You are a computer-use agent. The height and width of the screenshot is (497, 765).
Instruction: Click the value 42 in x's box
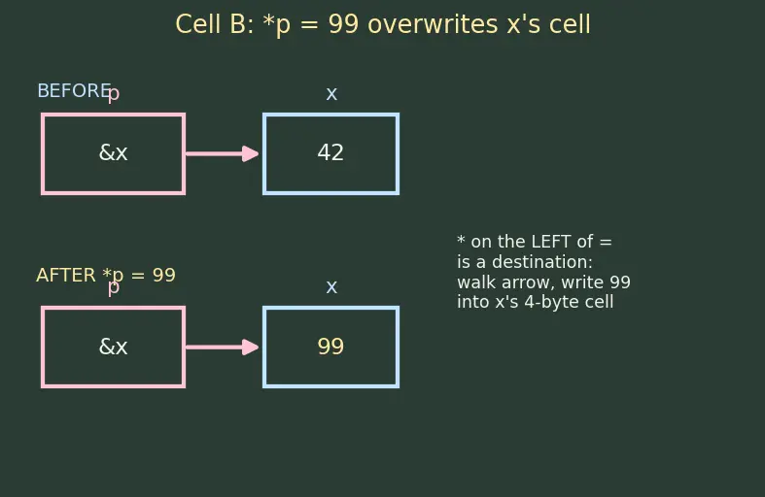point(330,152)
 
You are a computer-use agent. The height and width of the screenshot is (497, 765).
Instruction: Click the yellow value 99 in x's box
point(330,347)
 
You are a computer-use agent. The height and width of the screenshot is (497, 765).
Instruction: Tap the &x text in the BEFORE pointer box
point(113,152)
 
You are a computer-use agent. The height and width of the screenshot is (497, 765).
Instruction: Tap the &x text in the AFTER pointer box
point(113,347)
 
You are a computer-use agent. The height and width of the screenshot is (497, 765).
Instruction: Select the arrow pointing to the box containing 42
point(222,154)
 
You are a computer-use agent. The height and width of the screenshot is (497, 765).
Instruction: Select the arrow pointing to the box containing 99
point(222,348)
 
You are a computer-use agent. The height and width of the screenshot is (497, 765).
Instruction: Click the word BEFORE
point(74,91)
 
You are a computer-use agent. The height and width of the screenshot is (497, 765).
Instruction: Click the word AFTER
point(66,276)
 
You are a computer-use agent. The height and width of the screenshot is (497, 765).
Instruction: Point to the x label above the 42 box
point(331,93)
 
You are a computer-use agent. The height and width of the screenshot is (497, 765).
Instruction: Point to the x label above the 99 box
point(331,287)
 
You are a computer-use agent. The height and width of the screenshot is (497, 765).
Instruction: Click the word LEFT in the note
point(550,242)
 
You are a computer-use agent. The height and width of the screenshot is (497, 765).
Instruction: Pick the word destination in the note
point(542,262)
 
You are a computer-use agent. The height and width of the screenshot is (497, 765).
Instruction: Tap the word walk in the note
point(472,282)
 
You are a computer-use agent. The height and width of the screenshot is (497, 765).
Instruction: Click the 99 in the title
point(343,24)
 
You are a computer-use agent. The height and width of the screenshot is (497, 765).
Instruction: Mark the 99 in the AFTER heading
point(164,276)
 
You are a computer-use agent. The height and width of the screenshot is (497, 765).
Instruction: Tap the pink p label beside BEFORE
point(113,93)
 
